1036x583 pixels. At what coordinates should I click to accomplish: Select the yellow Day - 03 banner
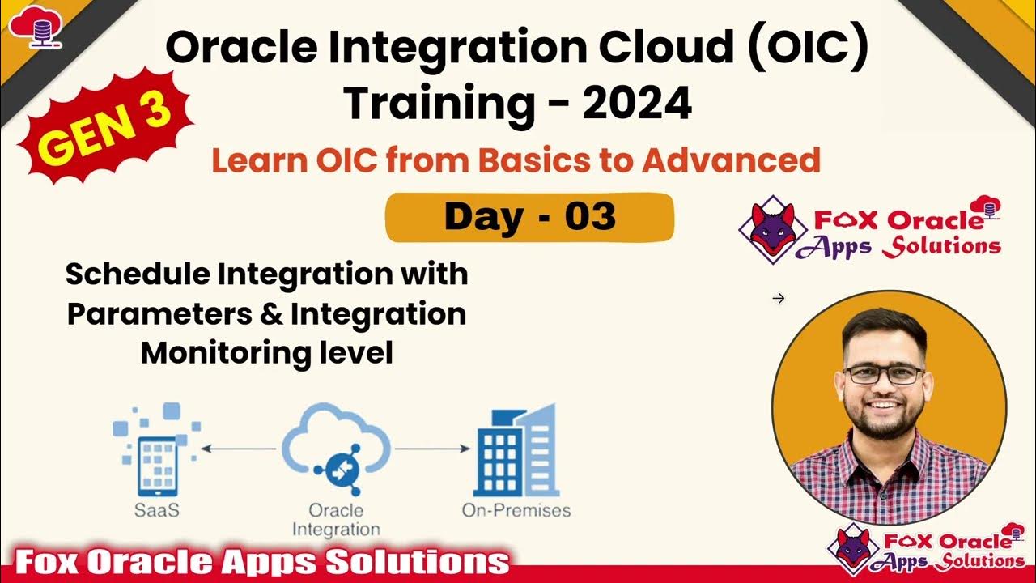coord(529,217)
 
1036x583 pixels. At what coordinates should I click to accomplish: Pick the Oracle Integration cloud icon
coord(336,450)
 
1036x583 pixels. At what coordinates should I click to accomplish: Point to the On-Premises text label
coord(516,511)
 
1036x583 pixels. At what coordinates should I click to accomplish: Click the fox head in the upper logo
coord(772,228)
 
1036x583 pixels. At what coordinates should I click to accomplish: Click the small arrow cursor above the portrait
coord(779,299)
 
